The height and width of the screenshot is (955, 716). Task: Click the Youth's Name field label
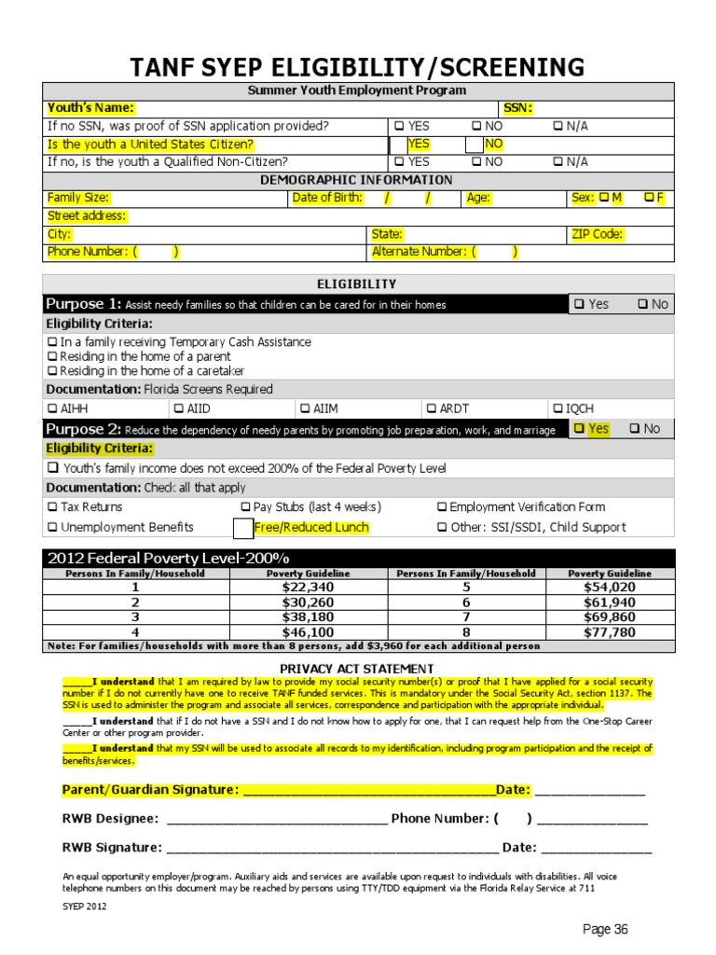tap(90, 108)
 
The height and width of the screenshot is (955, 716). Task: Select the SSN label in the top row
tap(517, 108)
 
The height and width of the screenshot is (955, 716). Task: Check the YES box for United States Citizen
tap(399, 144)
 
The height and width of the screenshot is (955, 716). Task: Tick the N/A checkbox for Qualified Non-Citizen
tap(558, 161)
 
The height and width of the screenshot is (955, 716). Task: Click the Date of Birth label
tap(329, 198)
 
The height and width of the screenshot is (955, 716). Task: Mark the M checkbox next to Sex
tap(603, 198)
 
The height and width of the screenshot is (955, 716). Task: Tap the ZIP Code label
tap(597, 234)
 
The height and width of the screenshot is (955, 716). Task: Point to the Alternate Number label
tap(419, 252)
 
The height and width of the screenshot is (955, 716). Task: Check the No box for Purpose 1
tap(642, 304)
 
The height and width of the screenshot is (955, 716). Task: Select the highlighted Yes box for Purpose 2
tap(580, 429)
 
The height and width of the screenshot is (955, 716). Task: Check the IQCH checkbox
tap(558, 408)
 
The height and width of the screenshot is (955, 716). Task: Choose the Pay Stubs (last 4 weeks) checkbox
tap(246, 507)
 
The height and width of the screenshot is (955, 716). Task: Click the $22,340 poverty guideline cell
tap(308, 588)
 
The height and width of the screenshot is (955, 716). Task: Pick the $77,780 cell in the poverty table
tap(610, 631)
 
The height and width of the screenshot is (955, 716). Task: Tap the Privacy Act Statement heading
tap(357, 669)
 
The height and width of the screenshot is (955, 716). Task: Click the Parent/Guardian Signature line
tap(368, 791)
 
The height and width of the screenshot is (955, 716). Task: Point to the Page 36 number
tap(606, 929)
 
